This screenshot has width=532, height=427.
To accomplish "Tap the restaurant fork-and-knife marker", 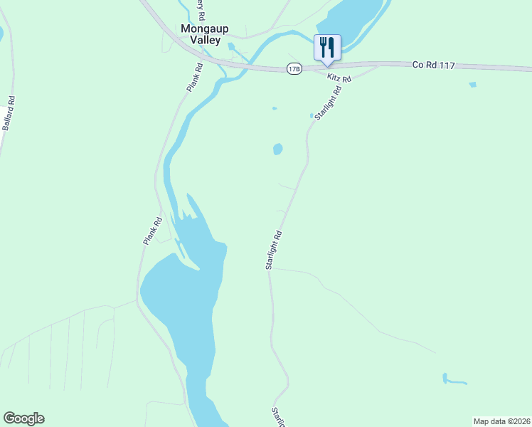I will click(x=327, y=47).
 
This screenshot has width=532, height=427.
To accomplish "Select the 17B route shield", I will click(x=294, y=68).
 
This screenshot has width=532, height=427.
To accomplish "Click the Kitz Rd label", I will click(x=340, y=77).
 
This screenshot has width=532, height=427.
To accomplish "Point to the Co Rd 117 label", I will click(x=434, y=65).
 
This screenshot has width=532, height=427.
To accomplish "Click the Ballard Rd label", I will click(x=9, y=113).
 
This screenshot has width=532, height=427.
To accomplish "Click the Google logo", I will click(x=23, y=418).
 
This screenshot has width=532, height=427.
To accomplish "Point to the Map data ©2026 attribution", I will click(x=502, y=421).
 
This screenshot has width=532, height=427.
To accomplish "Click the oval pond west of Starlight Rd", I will click(x=277, y=149).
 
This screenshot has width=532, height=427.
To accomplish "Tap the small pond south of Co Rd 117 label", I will click(x=473, y=85).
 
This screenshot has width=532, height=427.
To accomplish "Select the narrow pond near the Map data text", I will click(x=452, y=380).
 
